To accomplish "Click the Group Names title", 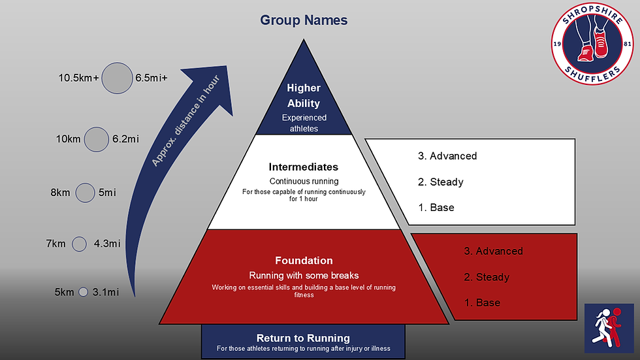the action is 304,20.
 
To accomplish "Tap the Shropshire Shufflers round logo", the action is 592,43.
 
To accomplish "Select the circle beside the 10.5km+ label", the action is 117,78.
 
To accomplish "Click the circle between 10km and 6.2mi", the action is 97,139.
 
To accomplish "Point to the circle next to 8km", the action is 86,193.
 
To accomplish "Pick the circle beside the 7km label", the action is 79,244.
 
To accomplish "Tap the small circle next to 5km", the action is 84,292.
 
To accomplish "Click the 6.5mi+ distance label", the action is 152,78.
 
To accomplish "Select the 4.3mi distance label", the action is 107,244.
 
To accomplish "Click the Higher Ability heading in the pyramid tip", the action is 304,95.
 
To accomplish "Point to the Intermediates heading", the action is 304,167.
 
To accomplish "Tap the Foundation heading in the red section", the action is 304,261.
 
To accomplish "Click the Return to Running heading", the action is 303,338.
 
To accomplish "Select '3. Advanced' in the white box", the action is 447,156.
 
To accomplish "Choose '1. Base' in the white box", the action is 436,207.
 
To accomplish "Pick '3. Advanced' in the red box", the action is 494,251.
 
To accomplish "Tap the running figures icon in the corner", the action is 609,328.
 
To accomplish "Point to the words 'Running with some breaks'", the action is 304,276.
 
